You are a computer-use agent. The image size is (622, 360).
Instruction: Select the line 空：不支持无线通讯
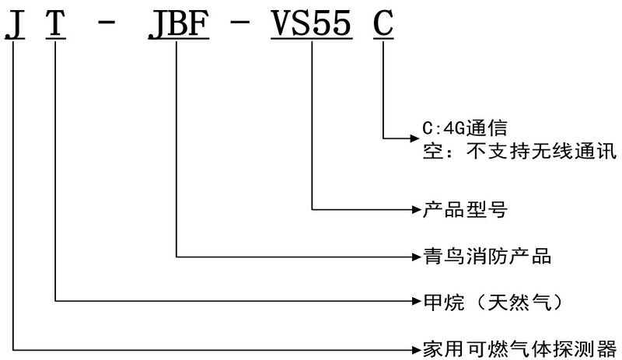pos(517,149)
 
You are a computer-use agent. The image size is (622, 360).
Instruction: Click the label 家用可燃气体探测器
pos(519,345)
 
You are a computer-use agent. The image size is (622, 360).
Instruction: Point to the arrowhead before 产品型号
pos(415,209)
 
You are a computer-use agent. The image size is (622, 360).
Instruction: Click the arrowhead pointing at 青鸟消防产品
pos(415,254)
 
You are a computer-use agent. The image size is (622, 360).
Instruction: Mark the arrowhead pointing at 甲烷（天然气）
pos(415,299)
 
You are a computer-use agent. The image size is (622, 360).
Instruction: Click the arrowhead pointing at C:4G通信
pos(412,138)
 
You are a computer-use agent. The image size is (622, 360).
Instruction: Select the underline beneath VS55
pos(311,40)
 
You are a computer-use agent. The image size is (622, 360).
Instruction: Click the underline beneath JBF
pos(176,40)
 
